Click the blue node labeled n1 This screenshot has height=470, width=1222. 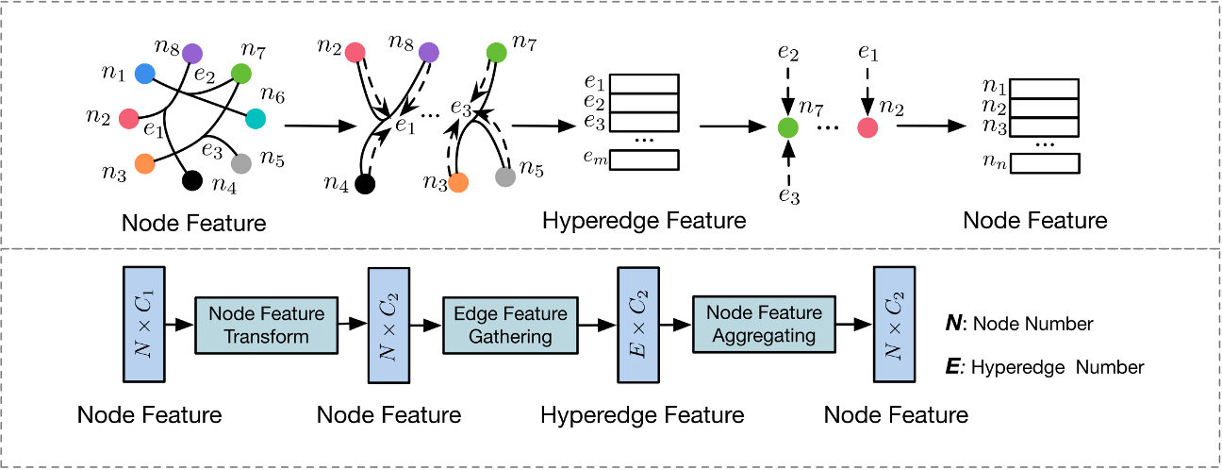tap(144, 73)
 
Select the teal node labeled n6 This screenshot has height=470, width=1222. tap(256, 118)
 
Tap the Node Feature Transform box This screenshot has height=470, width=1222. tap(266, 325)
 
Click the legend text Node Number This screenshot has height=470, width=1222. tap(1032, 324)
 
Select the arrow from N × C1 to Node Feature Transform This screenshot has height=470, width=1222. tap(176, 325)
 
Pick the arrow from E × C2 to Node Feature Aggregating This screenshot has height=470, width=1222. tap(673, 325)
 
